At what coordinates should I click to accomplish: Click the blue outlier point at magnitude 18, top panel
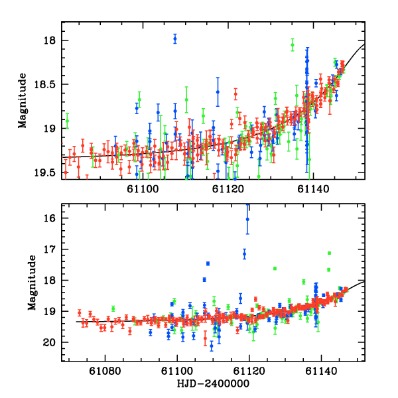coord(175,38)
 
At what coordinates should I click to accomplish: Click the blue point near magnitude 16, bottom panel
coord(247,219)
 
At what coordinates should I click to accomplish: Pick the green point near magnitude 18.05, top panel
coord(292,45)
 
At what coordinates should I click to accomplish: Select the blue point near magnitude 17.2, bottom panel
coord(244,253)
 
